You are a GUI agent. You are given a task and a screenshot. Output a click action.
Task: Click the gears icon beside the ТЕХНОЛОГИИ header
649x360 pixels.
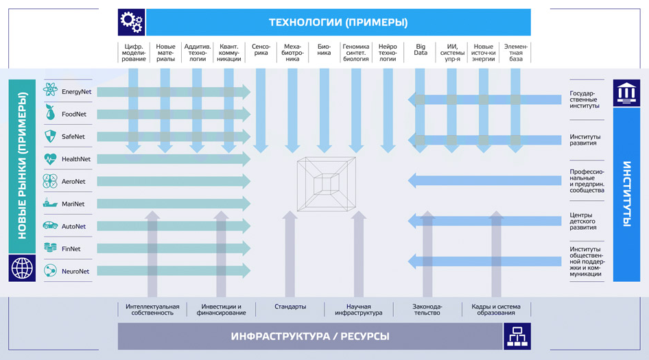131,22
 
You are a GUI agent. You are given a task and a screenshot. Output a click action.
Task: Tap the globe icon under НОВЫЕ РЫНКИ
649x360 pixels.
22,268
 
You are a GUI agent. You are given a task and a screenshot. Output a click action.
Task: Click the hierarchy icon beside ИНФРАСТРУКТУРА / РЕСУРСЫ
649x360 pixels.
517,336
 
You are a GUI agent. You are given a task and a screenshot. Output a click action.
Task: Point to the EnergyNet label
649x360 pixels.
76,91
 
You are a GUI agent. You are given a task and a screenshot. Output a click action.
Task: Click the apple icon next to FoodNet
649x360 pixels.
50,114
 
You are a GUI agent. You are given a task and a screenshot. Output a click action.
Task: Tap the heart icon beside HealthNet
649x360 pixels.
50,159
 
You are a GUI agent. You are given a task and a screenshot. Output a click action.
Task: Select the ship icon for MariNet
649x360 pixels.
50,204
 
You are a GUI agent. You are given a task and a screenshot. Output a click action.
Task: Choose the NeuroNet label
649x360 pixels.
75,272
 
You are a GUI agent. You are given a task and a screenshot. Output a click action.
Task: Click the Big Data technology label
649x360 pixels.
421,49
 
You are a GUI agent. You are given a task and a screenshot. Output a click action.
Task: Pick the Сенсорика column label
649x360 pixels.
261,49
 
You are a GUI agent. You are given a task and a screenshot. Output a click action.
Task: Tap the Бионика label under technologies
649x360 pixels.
324,49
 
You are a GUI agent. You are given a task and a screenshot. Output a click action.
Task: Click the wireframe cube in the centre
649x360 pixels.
327,183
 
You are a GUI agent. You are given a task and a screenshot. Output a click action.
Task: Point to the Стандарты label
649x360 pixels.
290,307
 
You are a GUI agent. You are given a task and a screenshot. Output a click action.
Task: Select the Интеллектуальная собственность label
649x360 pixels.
152,309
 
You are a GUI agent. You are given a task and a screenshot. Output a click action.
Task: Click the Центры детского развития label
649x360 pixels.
583,221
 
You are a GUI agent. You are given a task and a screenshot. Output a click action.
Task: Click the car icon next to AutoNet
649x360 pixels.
50,226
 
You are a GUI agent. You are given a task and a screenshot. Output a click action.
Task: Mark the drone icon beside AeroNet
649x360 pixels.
50,182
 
